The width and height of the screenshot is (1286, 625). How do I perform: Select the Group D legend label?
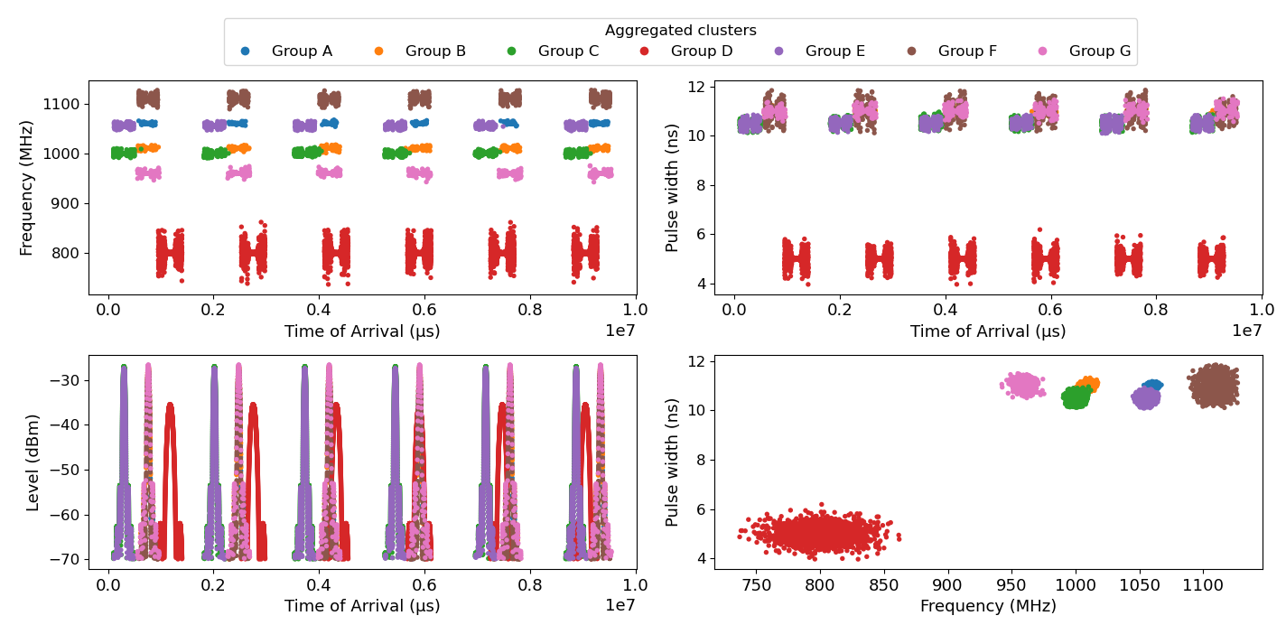tap(701, 51)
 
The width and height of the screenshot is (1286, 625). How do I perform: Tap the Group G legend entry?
tap(1099, 51)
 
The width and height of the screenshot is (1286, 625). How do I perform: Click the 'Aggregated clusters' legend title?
tap(680, 31)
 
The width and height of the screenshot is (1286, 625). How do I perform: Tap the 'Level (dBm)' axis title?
tap(33, 462)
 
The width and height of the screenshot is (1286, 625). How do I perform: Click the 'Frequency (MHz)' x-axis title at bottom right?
tap(987, 606)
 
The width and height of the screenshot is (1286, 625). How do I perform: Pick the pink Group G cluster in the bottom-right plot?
tap(1023, 386)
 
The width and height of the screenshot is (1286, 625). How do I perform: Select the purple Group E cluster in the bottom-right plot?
tap(1146, 397)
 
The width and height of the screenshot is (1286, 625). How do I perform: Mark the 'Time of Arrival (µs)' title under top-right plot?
tap(987, 331)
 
